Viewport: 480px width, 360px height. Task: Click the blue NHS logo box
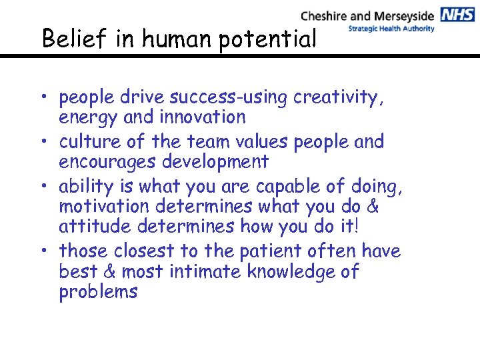(x=457, y=15)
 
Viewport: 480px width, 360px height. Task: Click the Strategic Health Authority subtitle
(x=392, y=29)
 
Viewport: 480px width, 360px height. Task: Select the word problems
(x=98, y=292)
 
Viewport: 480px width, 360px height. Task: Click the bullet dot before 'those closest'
(x=47, y=251)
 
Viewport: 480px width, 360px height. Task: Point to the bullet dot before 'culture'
(x=47, y=142)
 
